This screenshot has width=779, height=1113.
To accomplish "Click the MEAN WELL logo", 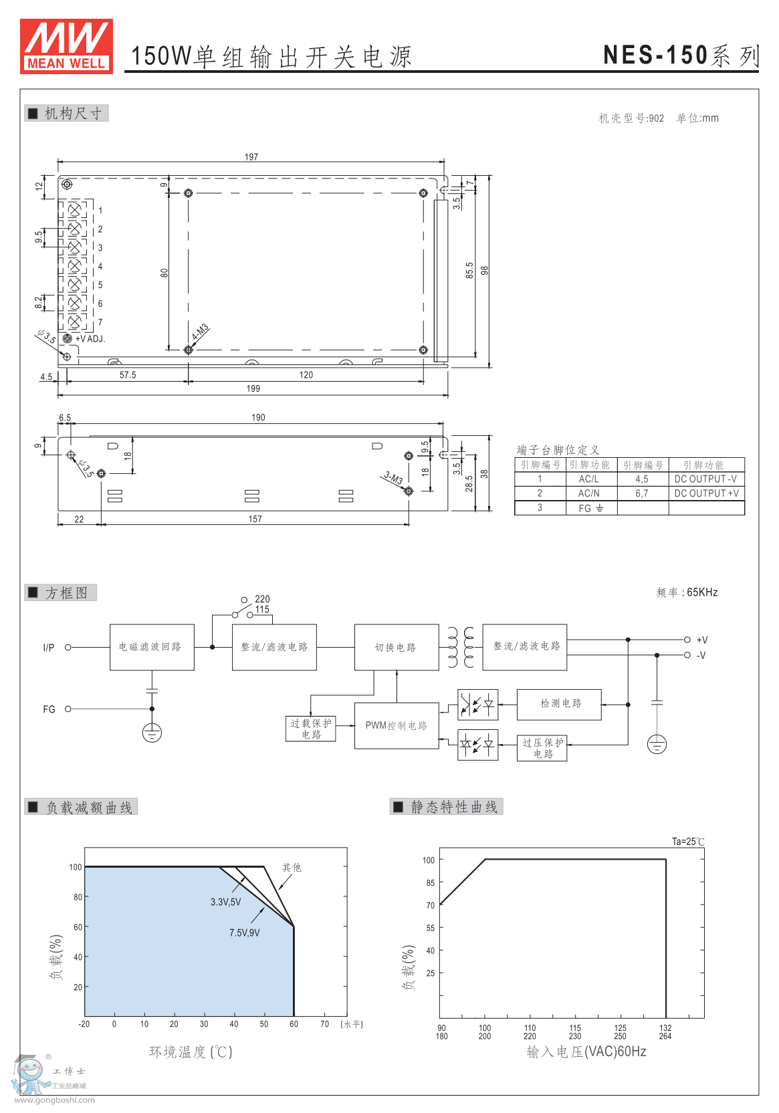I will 66,45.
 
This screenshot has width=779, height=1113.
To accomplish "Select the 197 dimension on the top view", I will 251,157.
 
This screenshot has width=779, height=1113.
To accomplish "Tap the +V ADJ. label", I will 90,339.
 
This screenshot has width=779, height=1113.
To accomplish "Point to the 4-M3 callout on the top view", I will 200,332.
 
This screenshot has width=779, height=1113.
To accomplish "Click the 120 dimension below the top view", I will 306,375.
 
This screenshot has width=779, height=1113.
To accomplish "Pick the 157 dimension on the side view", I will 255,519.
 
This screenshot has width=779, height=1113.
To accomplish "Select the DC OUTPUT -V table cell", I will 705,479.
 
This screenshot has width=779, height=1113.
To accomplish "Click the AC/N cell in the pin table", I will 589,493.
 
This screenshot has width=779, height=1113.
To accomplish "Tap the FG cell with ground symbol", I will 590,508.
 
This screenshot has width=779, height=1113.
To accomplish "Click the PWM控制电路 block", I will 396,725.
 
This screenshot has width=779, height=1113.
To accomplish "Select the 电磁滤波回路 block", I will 151,647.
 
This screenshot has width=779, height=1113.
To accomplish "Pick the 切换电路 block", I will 396,647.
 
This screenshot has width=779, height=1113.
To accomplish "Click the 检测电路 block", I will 560,704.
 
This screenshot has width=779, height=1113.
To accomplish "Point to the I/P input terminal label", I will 49,647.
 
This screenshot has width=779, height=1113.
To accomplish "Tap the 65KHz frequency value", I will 702,592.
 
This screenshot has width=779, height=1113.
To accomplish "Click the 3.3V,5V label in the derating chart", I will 225,902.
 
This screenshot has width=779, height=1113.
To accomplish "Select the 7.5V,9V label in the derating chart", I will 244,933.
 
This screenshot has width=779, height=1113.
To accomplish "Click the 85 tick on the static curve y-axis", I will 430,882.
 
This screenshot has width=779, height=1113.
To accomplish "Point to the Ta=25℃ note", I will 688,842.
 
